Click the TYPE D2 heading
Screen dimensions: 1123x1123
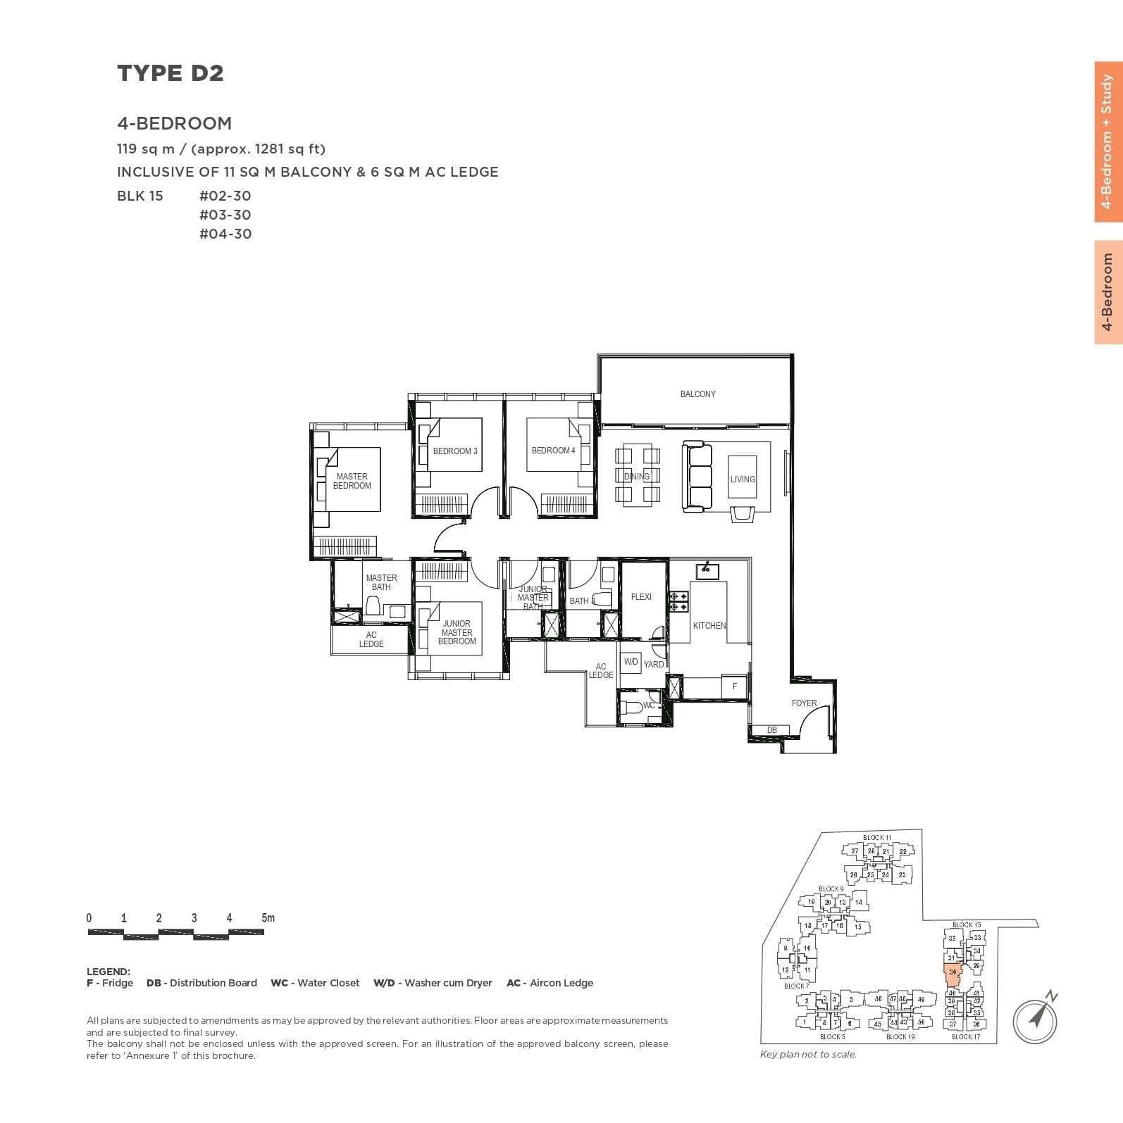(x=170, y=73)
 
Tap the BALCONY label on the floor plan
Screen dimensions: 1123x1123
(x=697, y=394)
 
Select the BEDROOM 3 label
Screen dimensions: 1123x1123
(x=455, y=451)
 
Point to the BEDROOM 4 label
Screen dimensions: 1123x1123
(x=553, y=451)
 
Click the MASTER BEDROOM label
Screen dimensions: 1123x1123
(x=352, y=482)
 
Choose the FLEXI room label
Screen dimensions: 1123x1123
(x=641, y=597)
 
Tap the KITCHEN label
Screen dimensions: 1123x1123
(x=709, y=626)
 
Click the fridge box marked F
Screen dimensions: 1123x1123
(x=735, y=686)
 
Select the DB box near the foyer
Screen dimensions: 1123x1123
(x=772, y=730)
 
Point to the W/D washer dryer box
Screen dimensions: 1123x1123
(x=631, y=663)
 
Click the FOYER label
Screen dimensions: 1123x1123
(x=804, y=703)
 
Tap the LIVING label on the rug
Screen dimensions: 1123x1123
(x=743, y=479)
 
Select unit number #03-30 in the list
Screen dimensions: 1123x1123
(x=225, y=215)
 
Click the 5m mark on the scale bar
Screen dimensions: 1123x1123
(x=268, y=918)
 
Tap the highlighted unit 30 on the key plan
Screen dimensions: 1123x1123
(x=953, y=973)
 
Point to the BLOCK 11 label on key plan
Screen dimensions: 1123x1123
(x=876, y=838)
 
